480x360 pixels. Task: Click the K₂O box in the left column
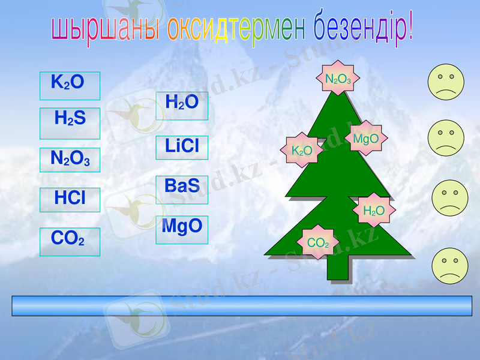point(70,86)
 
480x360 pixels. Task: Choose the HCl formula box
point(70,200)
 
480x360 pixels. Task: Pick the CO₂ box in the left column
point(70,241)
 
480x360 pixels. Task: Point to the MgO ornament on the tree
point(366,139)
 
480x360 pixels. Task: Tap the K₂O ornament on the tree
point(302,150)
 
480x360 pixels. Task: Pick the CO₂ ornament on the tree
point(318,242)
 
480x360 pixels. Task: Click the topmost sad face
point(446,82)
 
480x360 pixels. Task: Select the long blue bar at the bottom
point(242,305)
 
